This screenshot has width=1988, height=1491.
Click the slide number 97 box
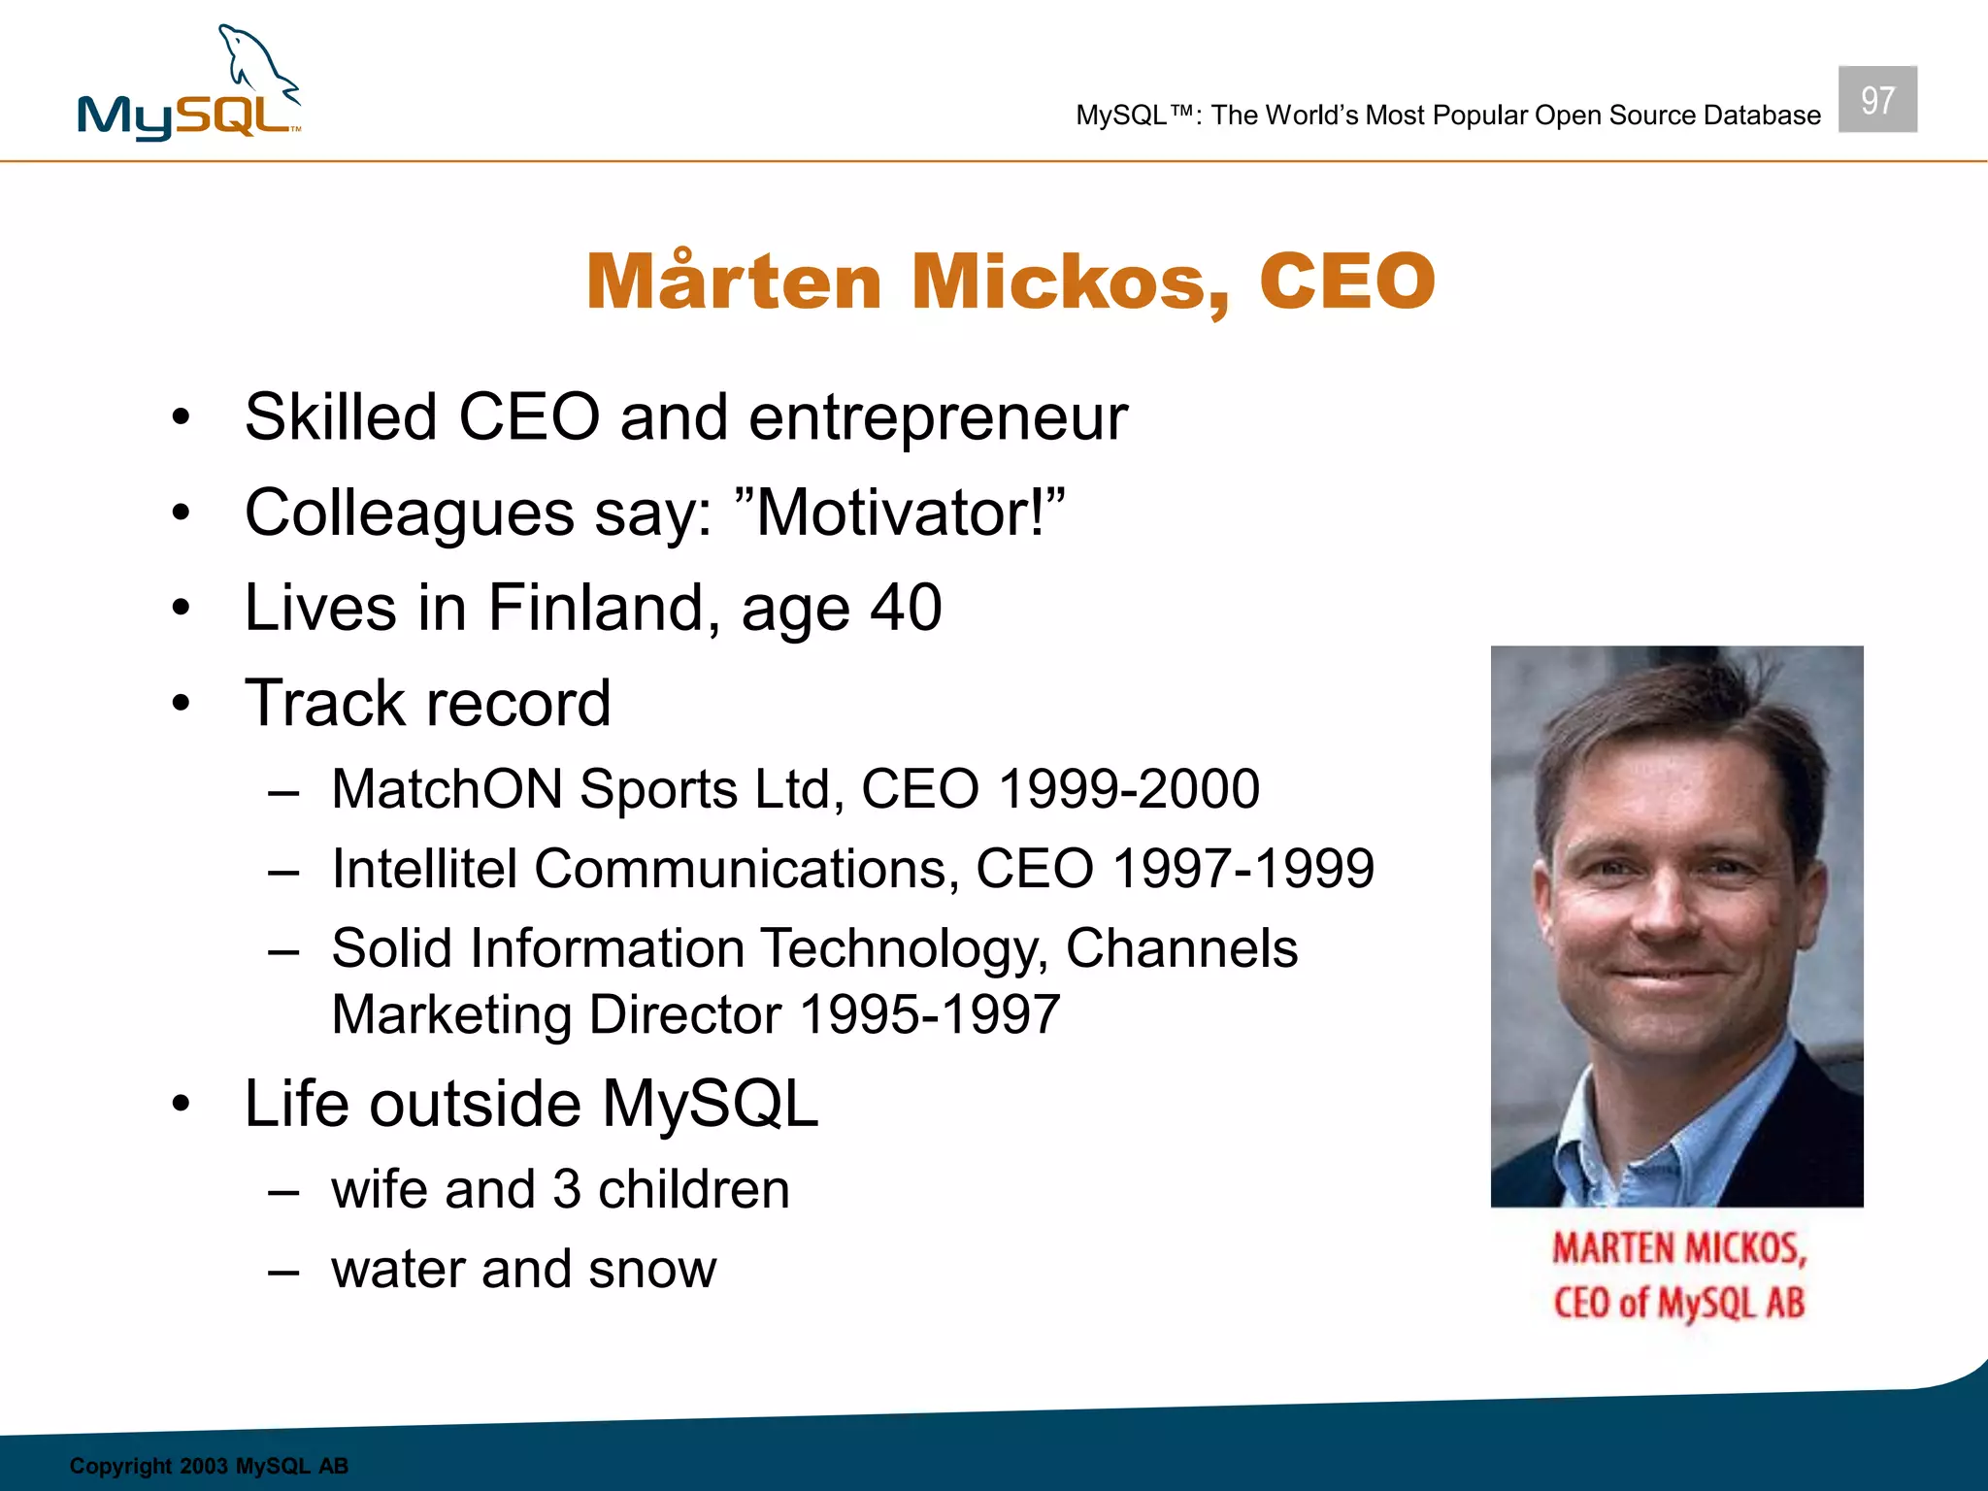(x=1876, y=99)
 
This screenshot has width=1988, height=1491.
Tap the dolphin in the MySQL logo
(x=258, y=64)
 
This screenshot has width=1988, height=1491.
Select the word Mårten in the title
(x=734, y=282)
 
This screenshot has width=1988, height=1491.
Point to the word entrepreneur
(x=938, y=418)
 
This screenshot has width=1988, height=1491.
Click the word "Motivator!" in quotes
(x=900, y=512)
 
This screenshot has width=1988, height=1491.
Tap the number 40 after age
(x=905, y=608)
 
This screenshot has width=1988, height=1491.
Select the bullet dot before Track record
(x=181, y=703)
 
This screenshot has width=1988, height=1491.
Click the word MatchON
(x=447, y=788)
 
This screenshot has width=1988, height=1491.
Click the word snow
(x=651, y=1269)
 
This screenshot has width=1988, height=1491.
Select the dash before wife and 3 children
(x=283, y=1191)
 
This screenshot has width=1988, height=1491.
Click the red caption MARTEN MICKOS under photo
(x=1678, y=1248)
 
